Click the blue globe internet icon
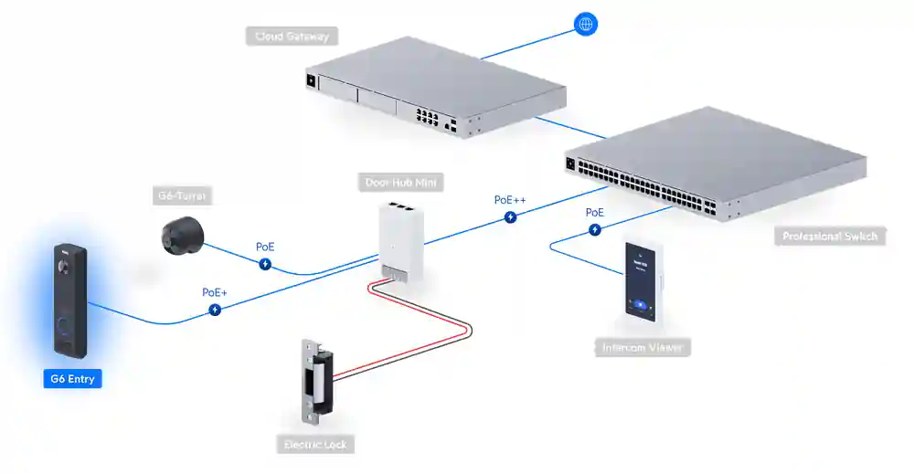(x=586, y=25)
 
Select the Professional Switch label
(x=830, y=237)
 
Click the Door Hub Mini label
(x=402, y=183)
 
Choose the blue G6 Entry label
(x=72, y=378)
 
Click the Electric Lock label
(x=314, y=445)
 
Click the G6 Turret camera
(x=182, y=234)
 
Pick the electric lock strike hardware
(x=316, y=380)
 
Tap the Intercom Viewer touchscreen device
(x=643, y=282)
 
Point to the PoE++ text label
(x=510, y=199)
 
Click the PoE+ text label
(x=215, y=292)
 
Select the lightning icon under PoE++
(x=510, y=217)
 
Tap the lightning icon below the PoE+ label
(x=215, y=311)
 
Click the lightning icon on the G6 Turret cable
(x=265, y=265)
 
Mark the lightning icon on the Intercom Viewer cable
(x=594, y=230)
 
